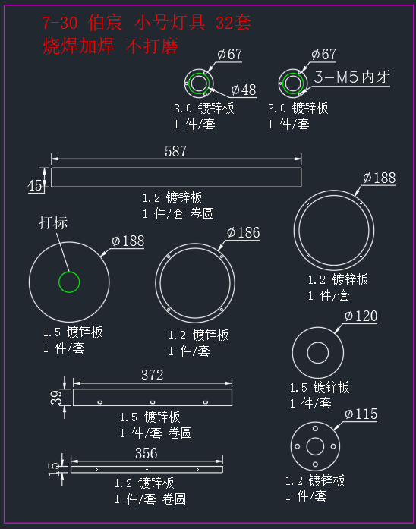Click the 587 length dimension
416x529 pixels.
tap(175, 151)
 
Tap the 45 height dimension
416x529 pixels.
tap(35, 185)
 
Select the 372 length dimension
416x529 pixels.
tap(152, 375)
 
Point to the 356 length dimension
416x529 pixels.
tap(146, 453)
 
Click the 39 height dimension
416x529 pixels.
tap(56, 398)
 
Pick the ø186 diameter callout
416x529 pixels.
tap(243, 233)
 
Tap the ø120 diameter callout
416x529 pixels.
tap(361, 316)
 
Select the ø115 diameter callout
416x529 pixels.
tap(361, 414)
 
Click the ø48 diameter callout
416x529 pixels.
tap(244, 90)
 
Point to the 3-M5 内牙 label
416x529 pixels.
tap(351, 77)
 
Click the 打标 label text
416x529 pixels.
tap(53, 222)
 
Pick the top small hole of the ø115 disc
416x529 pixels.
tap(315, 429)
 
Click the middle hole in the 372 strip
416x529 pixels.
tap(153, 402)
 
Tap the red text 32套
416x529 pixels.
tap(233, 24)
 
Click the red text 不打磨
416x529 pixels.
tap(152, 46)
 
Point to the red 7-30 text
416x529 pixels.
tap(60, 24)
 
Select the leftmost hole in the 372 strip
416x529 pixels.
tap(100, 402)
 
